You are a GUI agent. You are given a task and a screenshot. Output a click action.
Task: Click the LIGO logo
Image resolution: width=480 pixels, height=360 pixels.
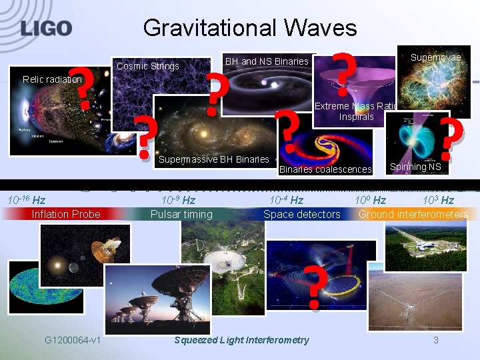coord(46,28)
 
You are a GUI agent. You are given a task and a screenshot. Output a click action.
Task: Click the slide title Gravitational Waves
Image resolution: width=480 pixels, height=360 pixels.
coord(249,27)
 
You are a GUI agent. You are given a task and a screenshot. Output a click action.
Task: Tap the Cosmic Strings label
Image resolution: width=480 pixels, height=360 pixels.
coord(148,66)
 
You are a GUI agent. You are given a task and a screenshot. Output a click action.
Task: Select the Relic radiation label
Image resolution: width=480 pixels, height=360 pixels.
coord(52,79)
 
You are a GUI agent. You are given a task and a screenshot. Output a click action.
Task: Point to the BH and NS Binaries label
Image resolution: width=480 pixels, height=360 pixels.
coord(267,61)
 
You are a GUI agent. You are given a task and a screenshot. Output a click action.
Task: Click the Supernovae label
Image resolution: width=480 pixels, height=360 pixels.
coord(435,58)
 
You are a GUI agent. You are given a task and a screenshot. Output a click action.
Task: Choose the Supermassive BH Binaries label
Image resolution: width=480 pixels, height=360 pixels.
coord(213,159)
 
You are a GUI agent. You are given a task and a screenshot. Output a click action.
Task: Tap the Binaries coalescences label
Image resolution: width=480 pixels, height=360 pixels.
coord(325,169)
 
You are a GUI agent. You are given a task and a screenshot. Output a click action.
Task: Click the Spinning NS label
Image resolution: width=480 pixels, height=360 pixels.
coord(415,167)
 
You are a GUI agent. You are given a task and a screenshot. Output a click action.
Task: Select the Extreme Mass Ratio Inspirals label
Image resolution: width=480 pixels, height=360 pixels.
coord(356,111)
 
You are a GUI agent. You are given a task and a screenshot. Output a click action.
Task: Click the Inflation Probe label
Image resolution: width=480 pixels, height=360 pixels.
coord(66,214)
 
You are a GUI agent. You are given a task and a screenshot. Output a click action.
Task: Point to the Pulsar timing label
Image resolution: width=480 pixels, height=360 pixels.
coord(181,214)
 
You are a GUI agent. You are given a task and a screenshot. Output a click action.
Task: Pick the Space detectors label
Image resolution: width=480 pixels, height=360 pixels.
coord(301,214)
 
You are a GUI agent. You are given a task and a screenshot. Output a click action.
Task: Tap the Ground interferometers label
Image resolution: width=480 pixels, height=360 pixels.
coord(413,214)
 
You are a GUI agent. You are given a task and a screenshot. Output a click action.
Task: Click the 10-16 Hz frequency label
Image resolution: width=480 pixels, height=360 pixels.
coord(26,200)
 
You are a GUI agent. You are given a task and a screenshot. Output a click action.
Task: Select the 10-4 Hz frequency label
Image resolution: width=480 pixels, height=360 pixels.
coord(286,200)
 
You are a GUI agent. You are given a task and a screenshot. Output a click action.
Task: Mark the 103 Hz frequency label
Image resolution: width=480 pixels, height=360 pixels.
coord(438,200)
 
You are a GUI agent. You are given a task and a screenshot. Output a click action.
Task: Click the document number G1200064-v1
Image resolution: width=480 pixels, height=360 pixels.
coord(73,340)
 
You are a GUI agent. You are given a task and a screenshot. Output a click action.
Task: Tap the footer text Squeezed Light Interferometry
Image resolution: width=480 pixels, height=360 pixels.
coord(241,340)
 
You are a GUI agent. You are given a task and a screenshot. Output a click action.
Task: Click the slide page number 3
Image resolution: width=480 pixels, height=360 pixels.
coord(435,340)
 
